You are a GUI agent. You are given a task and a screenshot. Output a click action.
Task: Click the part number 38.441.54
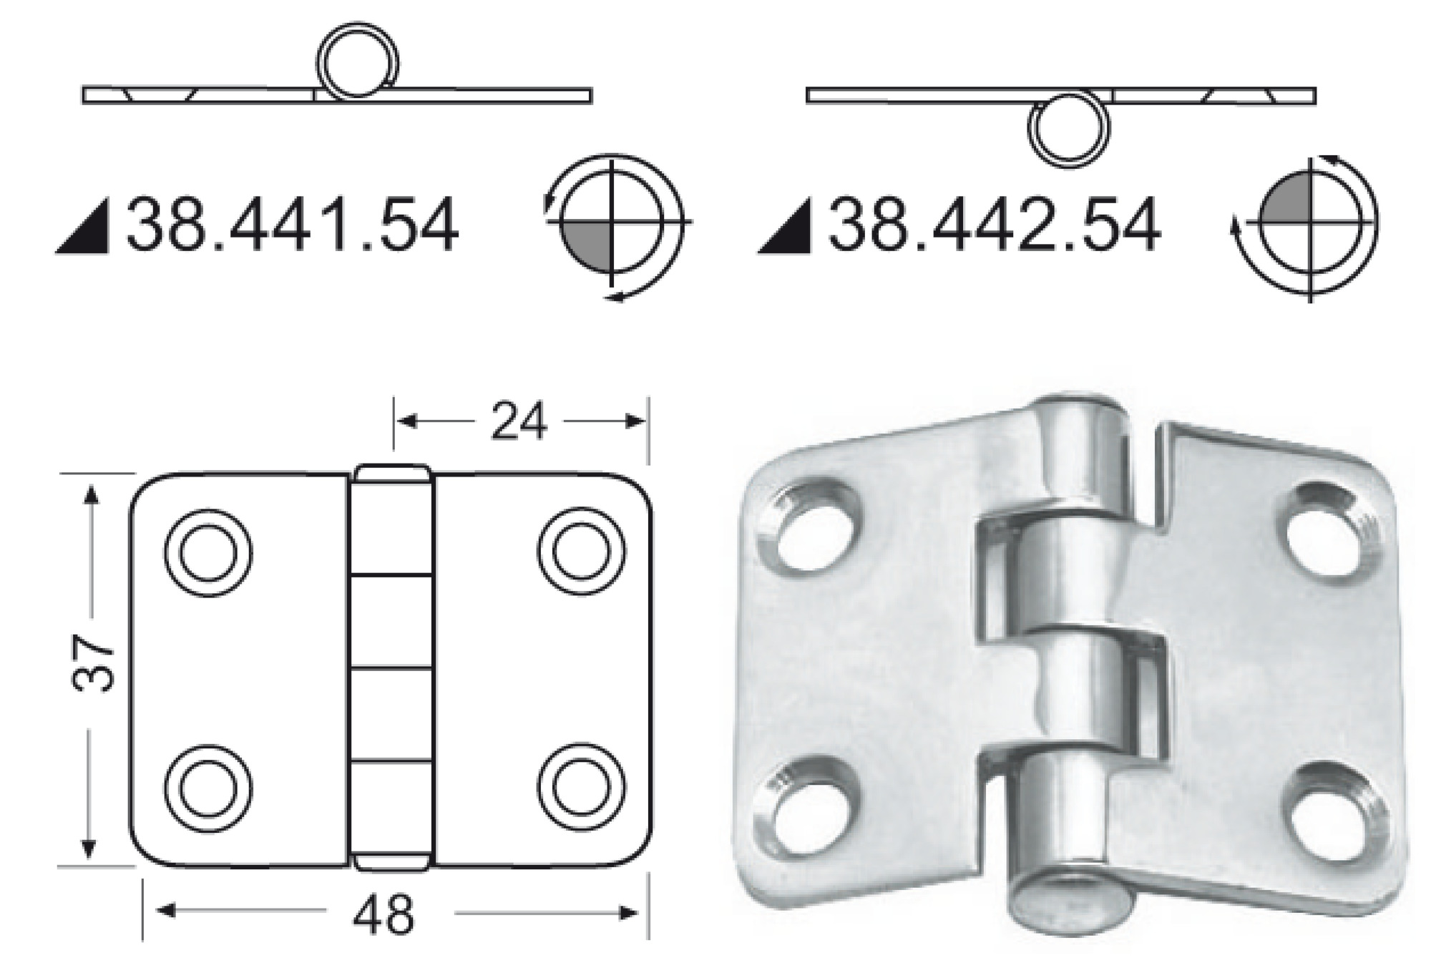coord(292,226)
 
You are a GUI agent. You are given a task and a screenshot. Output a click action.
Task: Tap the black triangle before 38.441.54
coord(86,230)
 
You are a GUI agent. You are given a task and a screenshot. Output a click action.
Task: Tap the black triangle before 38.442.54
coord(788,230)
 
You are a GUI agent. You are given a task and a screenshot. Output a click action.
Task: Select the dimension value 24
coord(518,421)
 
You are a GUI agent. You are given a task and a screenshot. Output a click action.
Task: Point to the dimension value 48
coord(384,914)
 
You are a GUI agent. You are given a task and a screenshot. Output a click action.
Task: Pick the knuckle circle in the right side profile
coord(1069,129)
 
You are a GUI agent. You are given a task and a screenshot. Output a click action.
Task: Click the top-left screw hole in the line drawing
coord(208,552)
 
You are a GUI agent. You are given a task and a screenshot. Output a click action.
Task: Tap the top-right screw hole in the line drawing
coord(581,552)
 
